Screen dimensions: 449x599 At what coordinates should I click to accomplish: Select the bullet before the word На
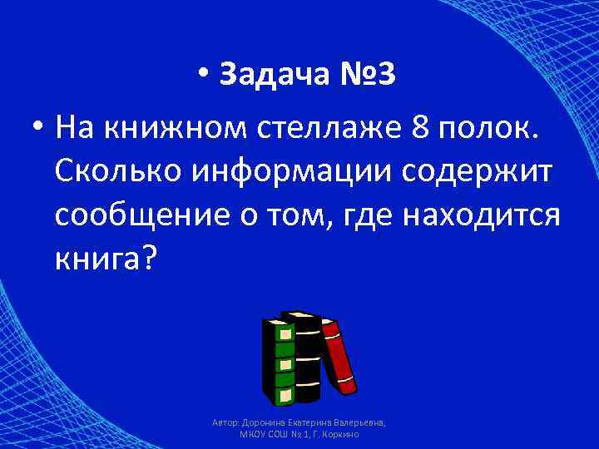click(36, 130)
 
